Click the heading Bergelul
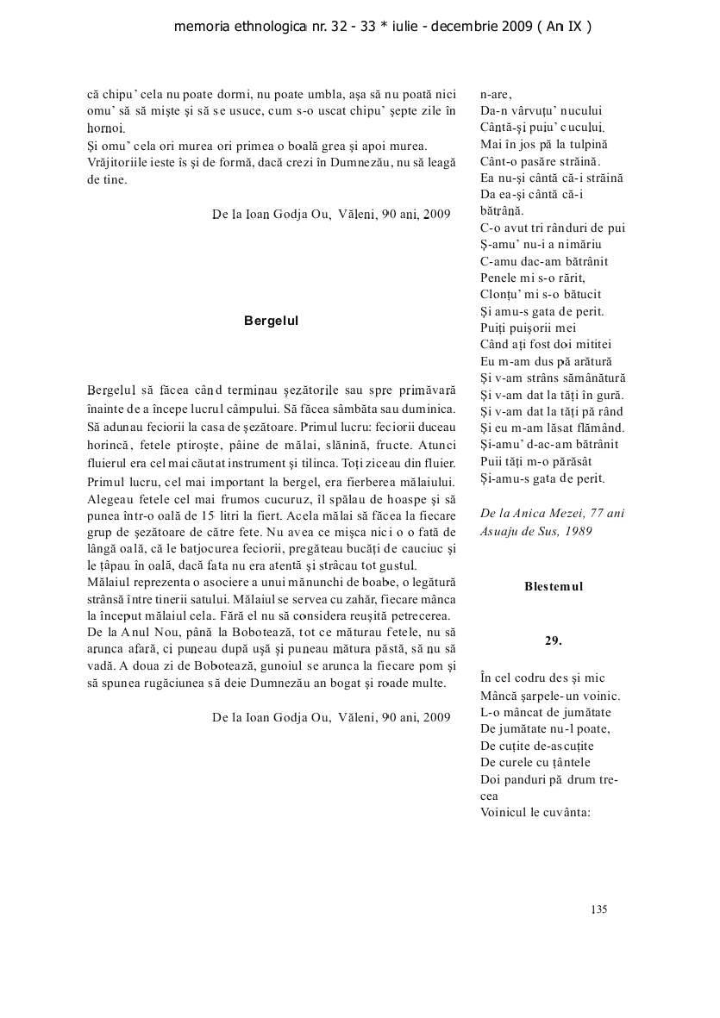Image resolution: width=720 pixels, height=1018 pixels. pos(271,320)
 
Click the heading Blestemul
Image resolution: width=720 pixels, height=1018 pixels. pos(554,586)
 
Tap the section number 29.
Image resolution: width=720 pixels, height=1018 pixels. pos(553,640)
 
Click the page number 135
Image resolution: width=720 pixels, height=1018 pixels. pos(599,909)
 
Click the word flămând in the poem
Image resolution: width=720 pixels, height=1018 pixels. pos(598,428)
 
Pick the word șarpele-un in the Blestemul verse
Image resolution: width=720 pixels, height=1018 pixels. pos(548,696)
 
